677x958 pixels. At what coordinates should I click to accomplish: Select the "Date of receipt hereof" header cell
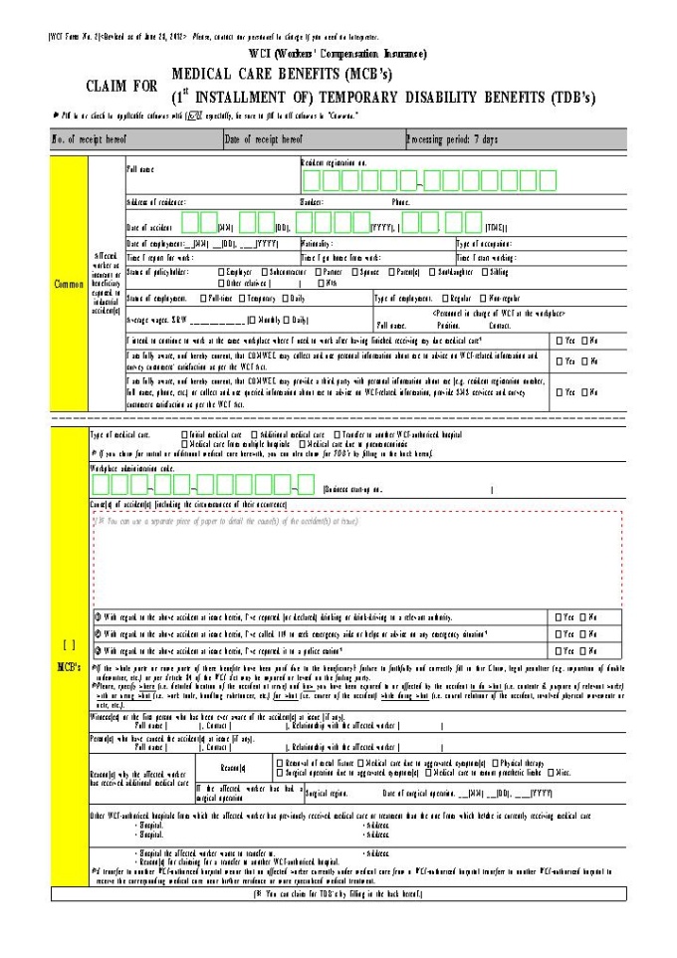(264, 139)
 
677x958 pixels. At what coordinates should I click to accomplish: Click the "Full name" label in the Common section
(140, 170)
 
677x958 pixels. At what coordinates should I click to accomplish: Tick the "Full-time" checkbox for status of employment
(203, 298)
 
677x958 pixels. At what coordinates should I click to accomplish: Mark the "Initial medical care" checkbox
(185, 435)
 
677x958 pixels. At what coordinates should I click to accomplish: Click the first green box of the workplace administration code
(98, 486)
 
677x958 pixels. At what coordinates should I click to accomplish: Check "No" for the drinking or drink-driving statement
(584, 616)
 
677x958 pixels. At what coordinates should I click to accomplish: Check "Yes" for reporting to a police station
(560, 650)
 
